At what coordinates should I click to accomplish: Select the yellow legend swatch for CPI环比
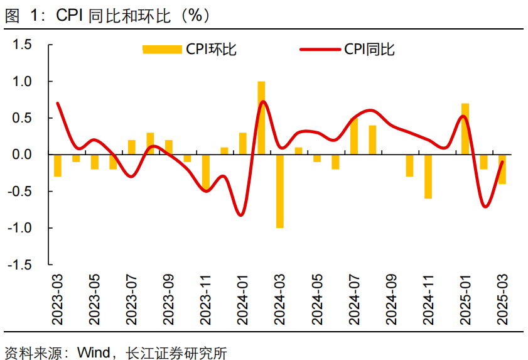162,49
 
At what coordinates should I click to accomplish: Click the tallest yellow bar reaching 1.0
261,117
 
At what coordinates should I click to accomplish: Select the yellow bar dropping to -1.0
279,191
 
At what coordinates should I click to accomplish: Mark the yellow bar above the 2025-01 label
465,129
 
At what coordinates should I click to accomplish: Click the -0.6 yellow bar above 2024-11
428,177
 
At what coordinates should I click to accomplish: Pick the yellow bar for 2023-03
58,165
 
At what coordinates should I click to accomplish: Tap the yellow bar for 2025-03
502,169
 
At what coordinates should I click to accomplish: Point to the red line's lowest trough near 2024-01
241,215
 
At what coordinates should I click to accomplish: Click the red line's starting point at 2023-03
58,103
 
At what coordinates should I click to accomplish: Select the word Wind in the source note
93,352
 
